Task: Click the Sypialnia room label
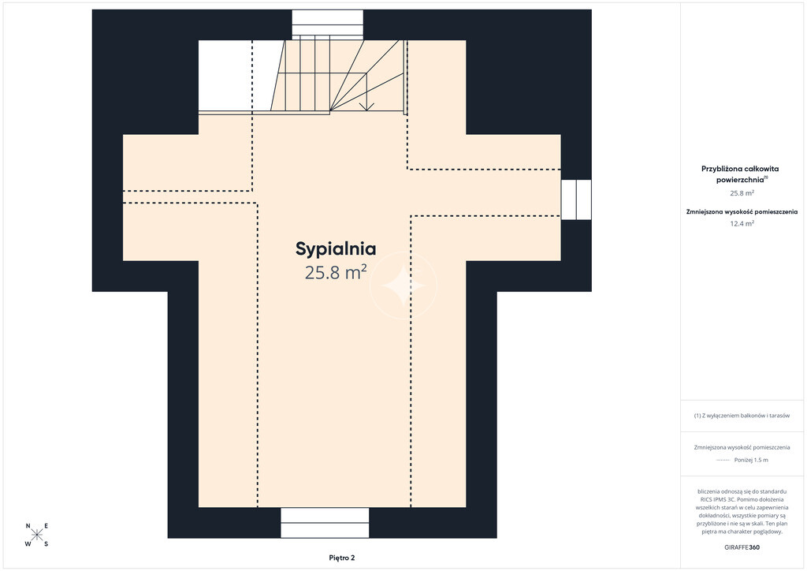pos(336,249)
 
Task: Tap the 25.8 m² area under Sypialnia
pos(336,272)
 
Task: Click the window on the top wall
pos(327,24)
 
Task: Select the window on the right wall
pos(576,200)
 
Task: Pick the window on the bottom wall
pos(325,523)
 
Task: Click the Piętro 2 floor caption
pos(342,558)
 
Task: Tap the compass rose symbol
pos(37,535)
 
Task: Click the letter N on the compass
pos(28,526)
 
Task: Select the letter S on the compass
pos(46,543)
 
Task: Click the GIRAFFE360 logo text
pos(742,547)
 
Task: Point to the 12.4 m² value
pos(742,223)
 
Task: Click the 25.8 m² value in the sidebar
pos(742,193)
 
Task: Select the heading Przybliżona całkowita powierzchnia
pos(740,174)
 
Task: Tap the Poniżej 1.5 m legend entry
pos(751,460)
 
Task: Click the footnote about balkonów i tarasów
pos(742,416)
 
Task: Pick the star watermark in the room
pos(403,285)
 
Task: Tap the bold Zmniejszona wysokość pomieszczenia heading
pos(742,211)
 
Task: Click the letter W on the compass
pos(28,543)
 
